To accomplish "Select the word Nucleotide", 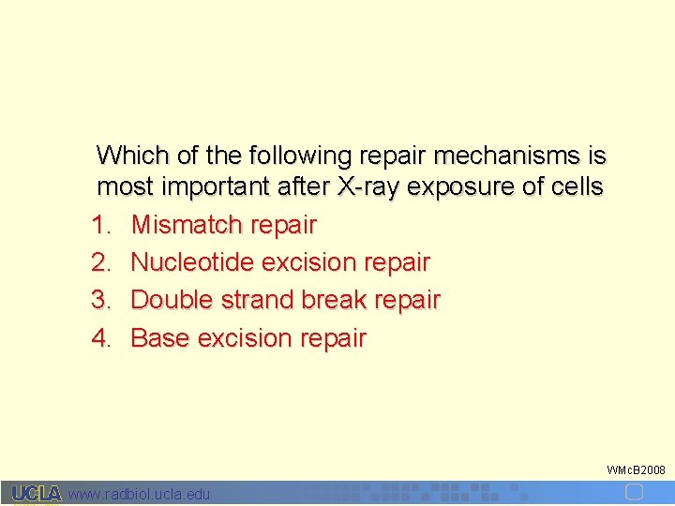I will (x=193, y=262).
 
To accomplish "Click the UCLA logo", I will (x=37, y=493).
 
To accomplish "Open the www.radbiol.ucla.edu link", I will (x=140, y=494).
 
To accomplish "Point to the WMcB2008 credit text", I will (x=637, y=469).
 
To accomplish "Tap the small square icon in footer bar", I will (x=635, y=492).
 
